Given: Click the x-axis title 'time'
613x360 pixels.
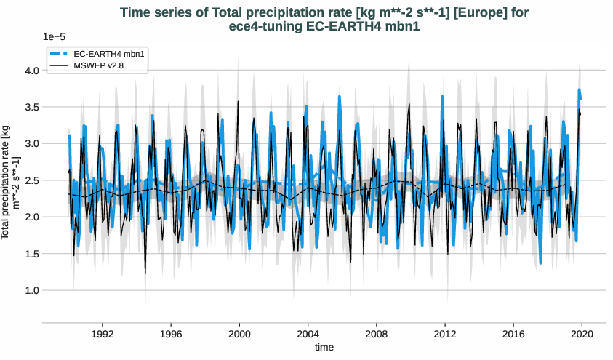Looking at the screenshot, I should [324, 348].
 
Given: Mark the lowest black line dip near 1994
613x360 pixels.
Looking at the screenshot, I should [145, 273].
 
